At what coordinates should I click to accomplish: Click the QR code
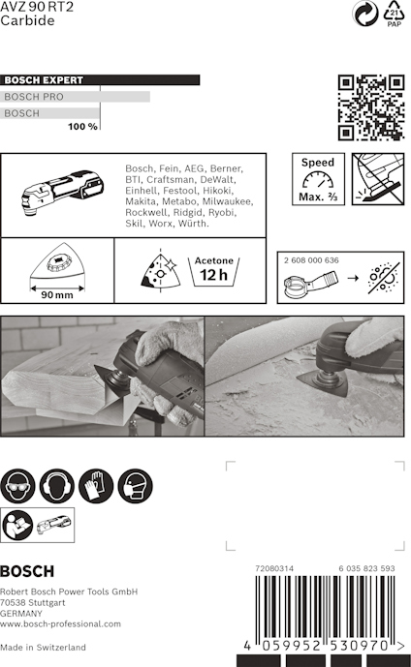[371, 107]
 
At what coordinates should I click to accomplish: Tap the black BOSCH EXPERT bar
[100, 80]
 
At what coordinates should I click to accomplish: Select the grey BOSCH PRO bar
[75, 97]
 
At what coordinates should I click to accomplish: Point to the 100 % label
[82, 127]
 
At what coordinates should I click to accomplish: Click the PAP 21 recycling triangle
[394, 14]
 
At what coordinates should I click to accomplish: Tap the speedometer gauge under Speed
[318, 179]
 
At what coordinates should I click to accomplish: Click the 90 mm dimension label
[56, 295]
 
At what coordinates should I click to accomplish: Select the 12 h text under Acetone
[214, 275]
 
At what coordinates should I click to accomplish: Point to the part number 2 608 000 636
[311, 260]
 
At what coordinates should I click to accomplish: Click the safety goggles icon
[17, 486]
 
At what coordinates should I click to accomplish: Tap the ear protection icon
[56, 486]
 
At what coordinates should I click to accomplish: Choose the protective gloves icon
[96, 486]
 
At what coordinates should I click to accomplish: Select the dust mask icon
[135, 486]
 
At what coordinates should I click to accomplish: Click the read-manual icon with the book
[17, 525]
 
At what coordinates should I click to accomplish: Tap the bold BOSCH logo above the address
[27, 571]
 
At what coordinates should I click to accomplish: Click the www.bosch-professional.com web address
[60, 624]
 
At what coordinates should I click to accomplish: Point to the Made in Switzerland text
[43, 647]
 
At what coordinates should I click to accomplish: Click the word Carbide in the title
[27, 20]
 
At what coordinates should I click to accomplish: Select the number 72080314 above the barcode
[274, 568]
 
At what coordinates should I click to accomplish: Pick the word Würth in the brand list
[193, 224]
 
